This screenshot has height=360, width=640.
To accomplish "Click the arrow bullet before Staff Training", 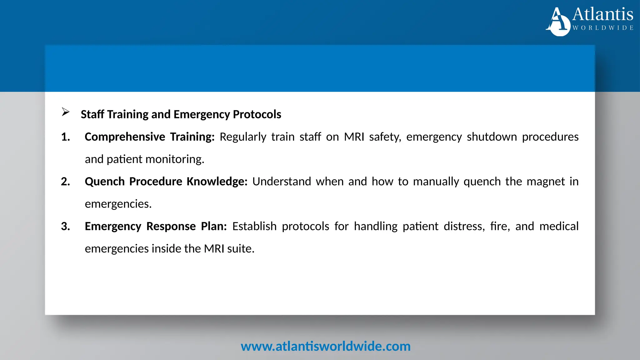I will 66,112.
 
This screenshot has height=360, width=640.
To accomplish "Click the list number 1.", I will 65,137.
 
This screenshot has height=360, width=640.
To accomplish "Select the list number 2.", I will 65,182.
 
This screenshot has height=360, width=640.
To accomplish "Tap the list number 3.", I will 65,226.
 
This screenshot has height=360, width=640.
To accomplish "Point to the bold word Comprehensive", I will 125,137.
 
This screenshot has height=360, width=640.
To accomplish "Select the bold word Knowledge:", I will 217,182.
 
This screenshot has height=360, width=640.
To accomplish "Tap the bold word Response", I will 171,226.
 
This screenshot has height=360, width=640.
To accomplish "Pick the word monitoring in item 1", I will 175,159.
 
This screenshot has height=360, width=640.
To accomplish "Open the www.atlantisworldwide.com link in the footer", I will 325,346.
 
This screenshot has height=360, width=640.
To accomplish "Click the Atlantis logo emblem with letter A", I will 558,22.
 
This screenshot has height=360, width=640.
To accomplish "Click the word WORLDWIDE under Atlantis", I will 603,28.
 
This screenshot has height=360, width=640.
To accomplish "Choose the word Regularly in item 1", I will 243,137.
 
